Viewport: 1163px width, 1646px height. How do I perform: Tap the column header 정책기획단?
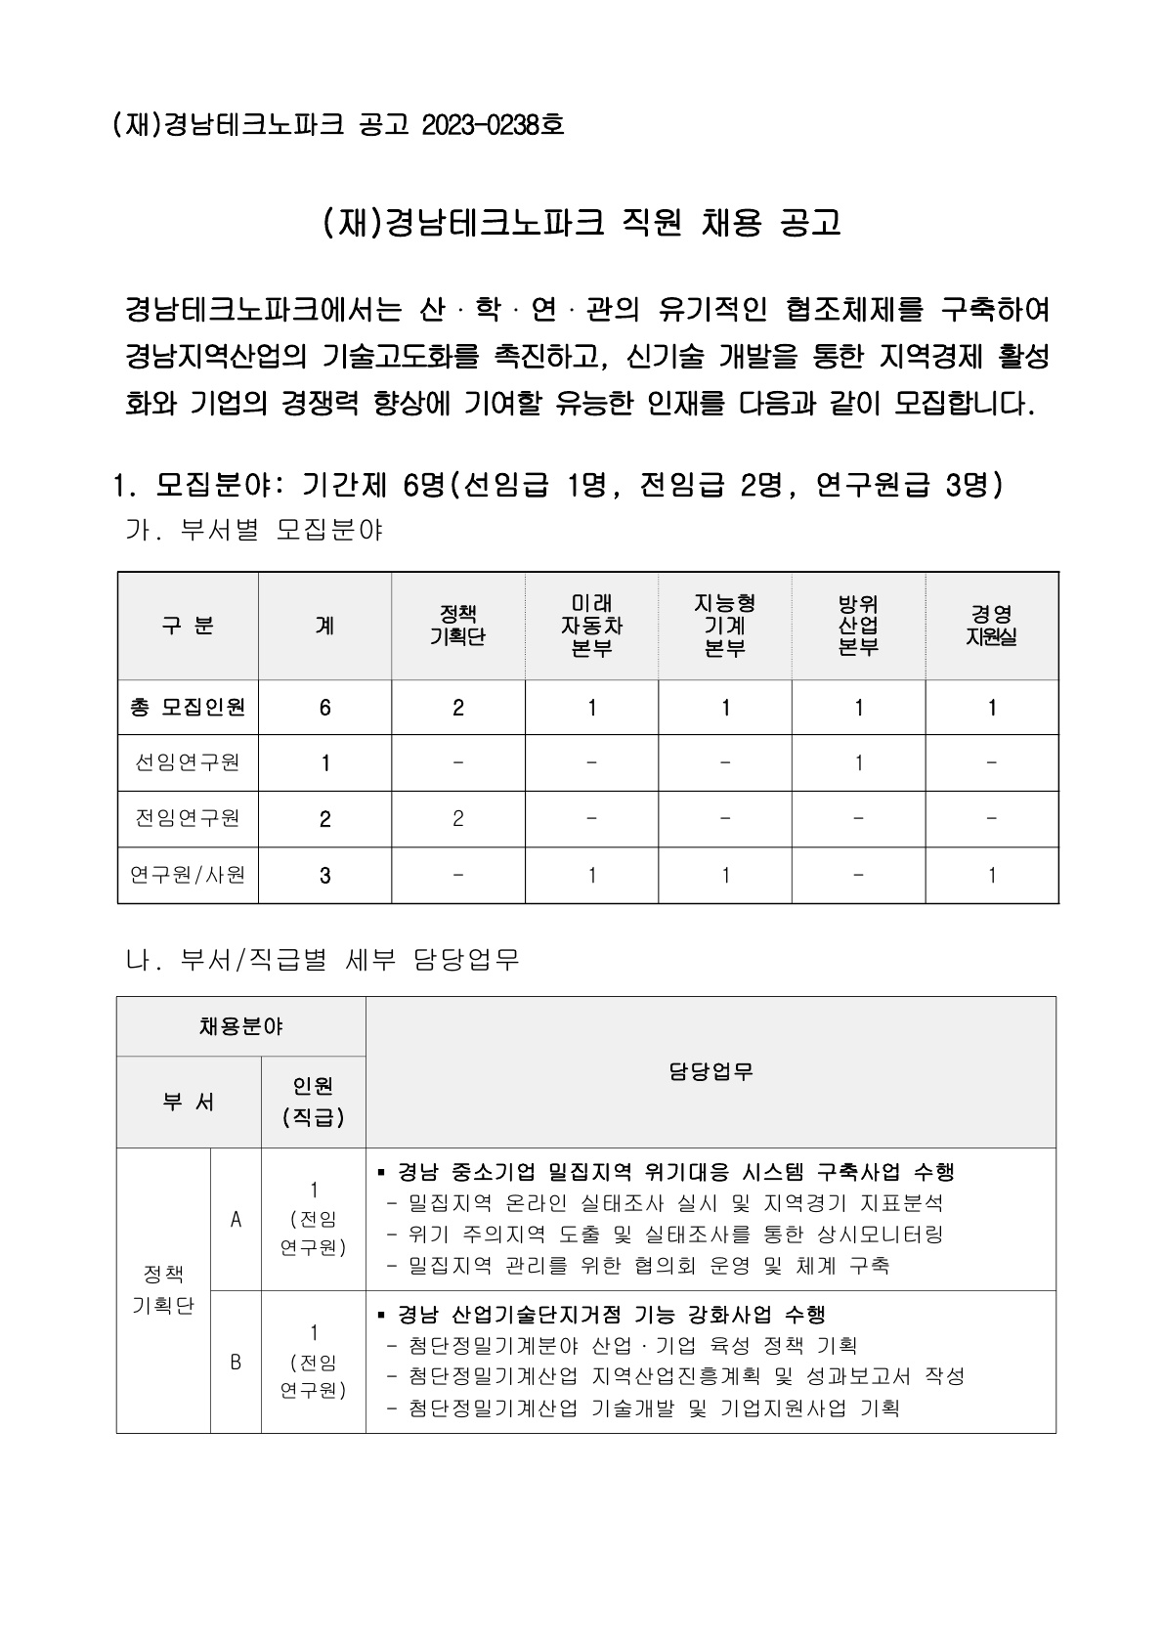pyautogui.click(x=458, y=626)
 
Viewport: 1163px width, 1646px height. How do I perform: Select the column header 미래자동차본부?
pyautogui.click(x=591, y=626)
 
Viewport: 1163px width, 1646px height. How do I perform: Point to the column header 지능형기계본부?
pyautogui.click(x=725, y=626)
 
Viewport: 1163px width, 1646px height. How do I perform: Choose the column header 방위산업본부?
pyautogui.click(x=858, y=626)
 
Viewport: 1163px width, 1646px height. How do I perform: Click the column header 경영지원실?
pyautogui.click(x=992, y=626)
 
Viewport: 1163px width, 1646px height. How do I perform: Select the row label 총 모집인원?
pyautogui.click(x=188, y=707)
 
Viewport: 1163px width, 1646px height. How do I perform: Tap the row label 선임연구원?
pyautogui.click(x=188, y=762)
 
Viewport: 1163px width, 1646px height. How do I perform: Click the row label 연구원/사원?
pyautogui.click(x=188, y=875)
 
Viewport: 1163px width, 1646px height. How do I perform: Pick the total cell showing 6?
pyautogui.click(x=325, y=708)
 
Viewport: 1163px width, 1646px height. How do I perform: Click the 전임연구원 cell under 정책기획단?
pyautogui.click(x=458, y=818)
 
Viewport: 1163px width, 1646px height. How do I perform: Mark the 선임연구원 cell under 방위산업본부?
pyautogui.click(x=858, y=762)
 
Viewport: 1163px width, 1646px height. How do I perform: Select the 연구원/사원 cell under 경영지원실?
pyautogui.click(x=992, y=875)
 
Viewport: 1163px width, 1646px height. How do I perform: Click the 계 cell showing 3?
pyautogui.click(x=325, y=876)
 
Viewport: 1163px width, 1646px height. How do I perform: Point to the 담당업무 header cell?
pyautogui.click(x=711, y=1072)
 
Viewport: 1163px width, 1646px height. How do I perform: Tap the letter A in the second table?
pyautogui.click(x=236, y=1219)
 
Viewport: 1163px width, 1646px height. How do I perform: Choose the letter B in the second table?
pyautogui.click(x=236, y=1361)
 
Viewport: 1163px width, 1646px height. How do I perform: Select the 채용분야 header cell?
pyautogui.click(x=240, y=1026)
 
